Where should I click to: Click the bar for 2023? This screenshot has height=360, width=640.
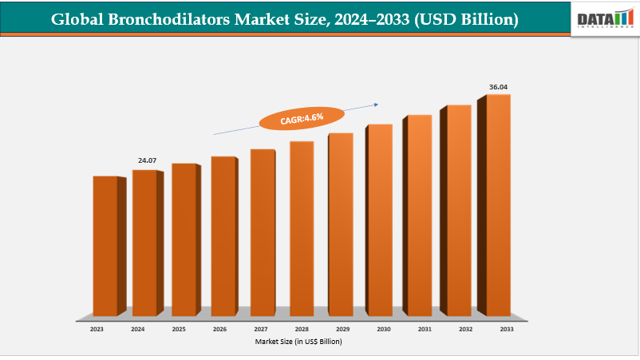tap(105, 246)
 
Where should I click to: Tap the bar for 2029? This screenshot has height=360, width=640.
tap(340, 224)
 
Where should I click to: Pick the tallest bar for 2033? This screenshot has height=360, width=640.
tap(498, 205)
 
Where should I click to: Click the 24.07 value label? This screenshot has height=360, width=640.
tap(147, 160)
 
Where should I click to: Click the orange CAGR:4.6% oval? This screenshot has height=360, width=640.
tap(302, 118)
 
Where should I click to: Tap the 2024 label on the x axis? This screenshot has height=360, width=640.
tap(137, 329)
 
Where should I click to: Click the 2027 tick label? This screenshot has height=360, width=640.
tap(260, 329)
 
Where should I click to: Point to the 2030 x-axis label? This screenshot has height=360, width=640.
tap(383, 329)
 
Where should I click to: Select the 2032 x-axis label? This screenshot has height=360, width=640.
tap(464, 329)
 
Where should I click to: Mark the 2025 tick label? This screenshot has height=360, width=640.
tap(179, 329)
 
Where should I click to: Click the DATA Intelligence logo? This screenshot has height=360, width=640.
tap(604, 18)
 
